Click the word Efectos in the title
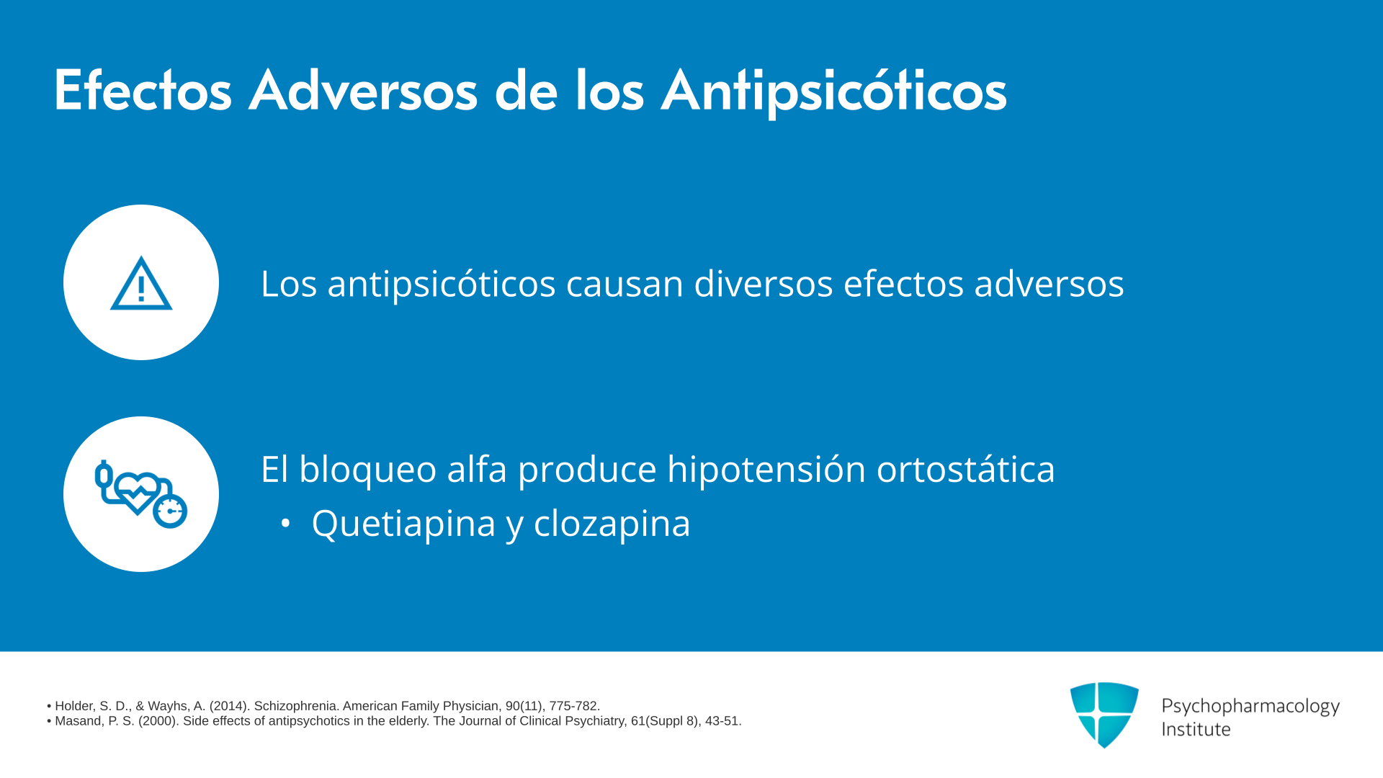[x=143, y=91]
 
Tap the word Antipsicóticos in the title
[x=833, y=92]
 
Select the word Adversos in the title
[x=363, y=91]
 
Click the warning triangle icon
[x=141, y=283]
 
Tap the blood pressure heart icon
[x=141, y=494]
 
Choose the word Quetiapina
[x=403, y=523]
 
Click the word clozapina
[x=612, y=524]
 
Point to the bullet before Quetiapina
[x=286, y=524]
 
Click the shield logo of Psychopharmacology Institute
[x=1104, y=715]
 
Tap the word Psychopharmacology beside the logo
[x=1250, y=707]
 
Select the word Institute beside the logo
[x=1196, y=729]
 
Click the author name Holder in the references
[x=73, y=707]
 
